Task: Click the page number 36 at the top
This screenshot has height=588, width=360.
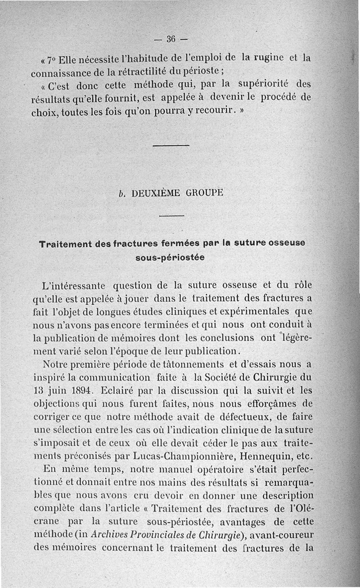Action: [x=171, y=39]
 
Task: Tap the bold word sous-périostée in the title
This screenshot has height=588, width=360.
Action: [x=170, y=258]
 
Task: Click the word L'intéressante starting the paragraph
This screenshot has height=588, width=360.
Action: [x=72, y=285]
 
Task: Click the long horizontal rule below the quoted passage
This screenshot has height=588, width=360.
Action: [x=171, y=145]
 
